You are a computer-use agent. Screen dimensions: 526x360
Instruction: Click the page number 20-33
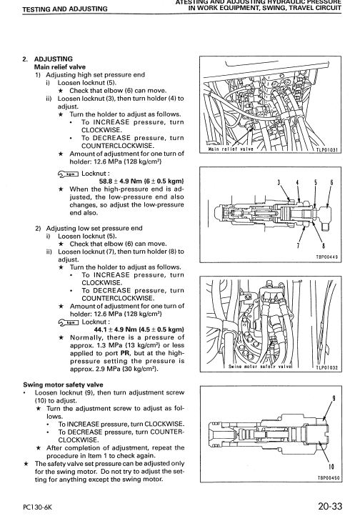[331, 508]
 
